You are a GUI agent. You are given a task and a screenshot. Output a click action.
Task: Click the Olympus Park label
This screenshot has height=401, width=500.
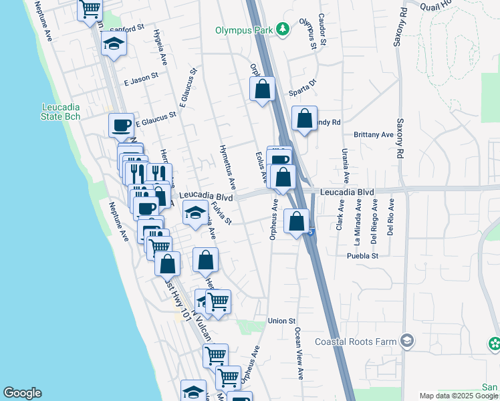[245, 30]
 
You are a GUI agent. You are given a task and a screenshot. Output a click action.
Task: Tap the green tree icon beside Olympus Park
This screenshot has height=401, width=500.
[284, 29]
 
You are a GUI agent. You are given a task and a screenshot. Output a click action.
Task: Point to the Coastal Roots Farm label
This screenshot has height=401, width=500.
[356, 342]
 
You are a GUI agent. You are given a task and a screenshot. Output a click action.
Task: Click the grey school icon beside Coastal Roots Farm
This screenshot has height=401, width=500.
[406, 342]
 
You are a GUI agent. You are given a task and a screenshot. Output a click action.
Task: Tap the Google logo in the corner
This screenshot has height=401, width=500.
[22, 393]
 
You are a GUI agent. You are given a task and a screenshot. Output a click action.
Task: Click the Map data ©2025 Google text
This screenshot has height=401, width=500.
[459, 396]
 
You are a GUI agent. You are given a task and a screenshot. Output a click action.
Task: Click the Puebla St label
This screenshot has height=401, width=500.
[362, 255]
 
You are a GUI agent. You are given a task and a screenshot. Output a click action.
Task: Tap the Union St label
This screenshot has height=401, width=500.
[281, 321]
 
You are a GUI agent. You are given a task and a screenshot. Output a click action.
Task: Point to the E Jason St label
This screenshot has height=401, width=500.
[141, 79]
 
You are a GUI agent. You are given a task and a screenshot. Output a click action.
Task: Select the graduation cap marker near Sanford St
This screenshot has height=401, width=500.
[114, 45]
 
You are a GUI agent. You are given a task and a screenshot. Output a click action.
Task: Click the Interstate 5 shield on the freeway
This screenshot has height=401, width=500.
[311, 231]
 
